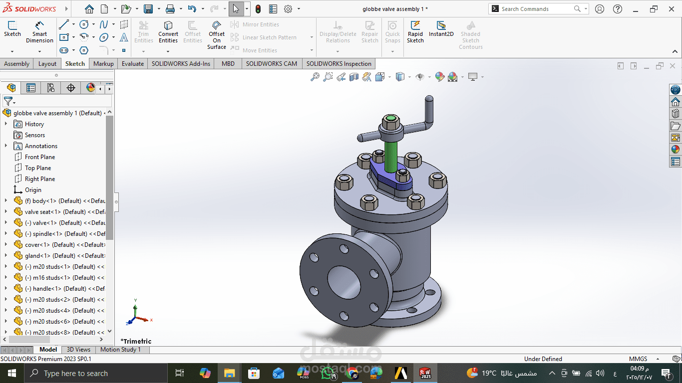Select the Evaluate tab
click(133, 64)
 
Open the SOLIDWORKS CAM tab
click(271, 64)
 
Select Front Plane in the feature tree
click(40, 157)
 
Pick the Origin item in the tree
click(33, 190)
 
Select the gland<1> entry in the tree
click(37, 256)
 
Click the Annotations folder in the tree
click(41, 146)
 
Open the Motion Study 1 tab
click(120, 350)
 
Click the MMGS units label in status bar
click(638, 359)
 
